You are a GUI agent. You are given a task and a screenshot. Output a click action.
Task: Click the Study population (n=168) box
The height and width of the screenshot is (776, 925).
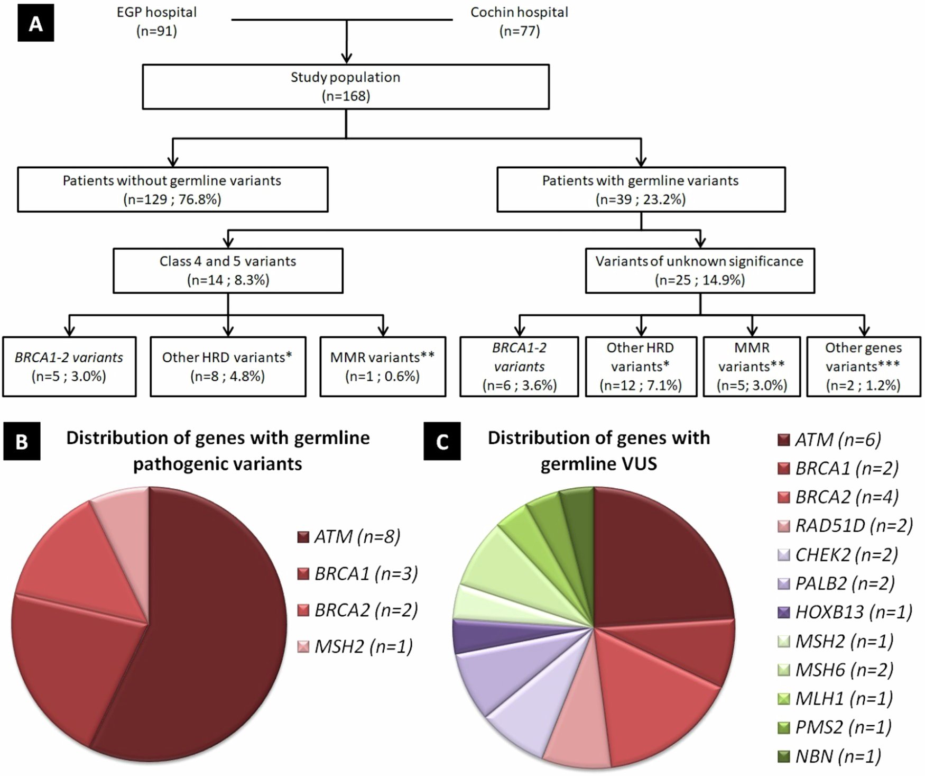pyautogui.click(x=346, y=87)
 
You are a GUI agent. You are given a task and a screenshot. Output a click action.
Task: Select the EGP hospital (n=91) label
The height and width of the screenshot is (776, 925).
pyautogui.click(x=156, y=21)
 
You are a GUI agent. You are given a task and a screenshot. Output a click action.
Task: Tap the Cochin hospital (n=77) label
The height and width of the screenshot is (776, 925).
pyautogui.click(x=519, y=21)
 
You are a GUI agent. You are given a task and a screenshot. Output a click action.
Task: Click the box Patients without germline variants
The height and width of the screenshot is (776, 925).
pyautogui.click(x=172, y=189)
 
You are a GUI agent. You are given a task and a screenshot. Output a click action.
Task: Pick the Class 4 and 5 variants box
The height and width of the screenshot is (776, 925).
pyautogui.click(x=228, y=270)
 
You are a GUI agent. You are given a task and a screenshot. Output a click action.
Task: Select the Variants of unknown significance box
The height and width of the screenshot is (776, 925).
pyautogui.click(x=699, y=270)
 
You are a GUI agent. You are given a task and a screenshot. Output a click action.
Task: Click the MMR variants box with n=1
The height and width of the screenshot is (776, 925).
pyautogui.click(x=383, y=367)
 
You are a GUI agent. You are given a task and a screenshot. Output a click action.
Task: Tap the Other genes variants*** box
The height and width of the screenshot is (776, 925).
pyautogui.click(x=863, y=367)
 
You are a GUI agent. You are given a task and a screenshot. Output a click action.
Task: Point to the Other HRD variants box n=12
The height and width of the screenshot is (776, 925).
pyautogui.click(x=641, y=367)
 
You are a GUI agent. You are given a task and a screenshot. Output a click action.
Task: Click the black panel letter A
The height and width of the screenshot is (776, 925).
pyautogui.click(x=35, y=24)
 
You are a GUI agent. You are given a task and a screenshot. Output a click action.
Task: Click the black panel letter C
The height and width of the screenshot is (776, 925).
pyautogui.click(x=442, y=441)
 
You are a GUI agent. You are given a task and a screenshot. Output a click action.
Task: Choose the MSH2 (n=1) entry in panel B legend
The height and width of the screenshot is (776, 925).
pyautogui.click(x=355, y=646)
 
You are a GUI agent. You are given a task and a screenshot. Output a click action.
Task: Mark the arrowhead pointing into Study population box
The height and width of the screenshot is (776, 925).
pyautogui.click(x=346, y=57)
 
